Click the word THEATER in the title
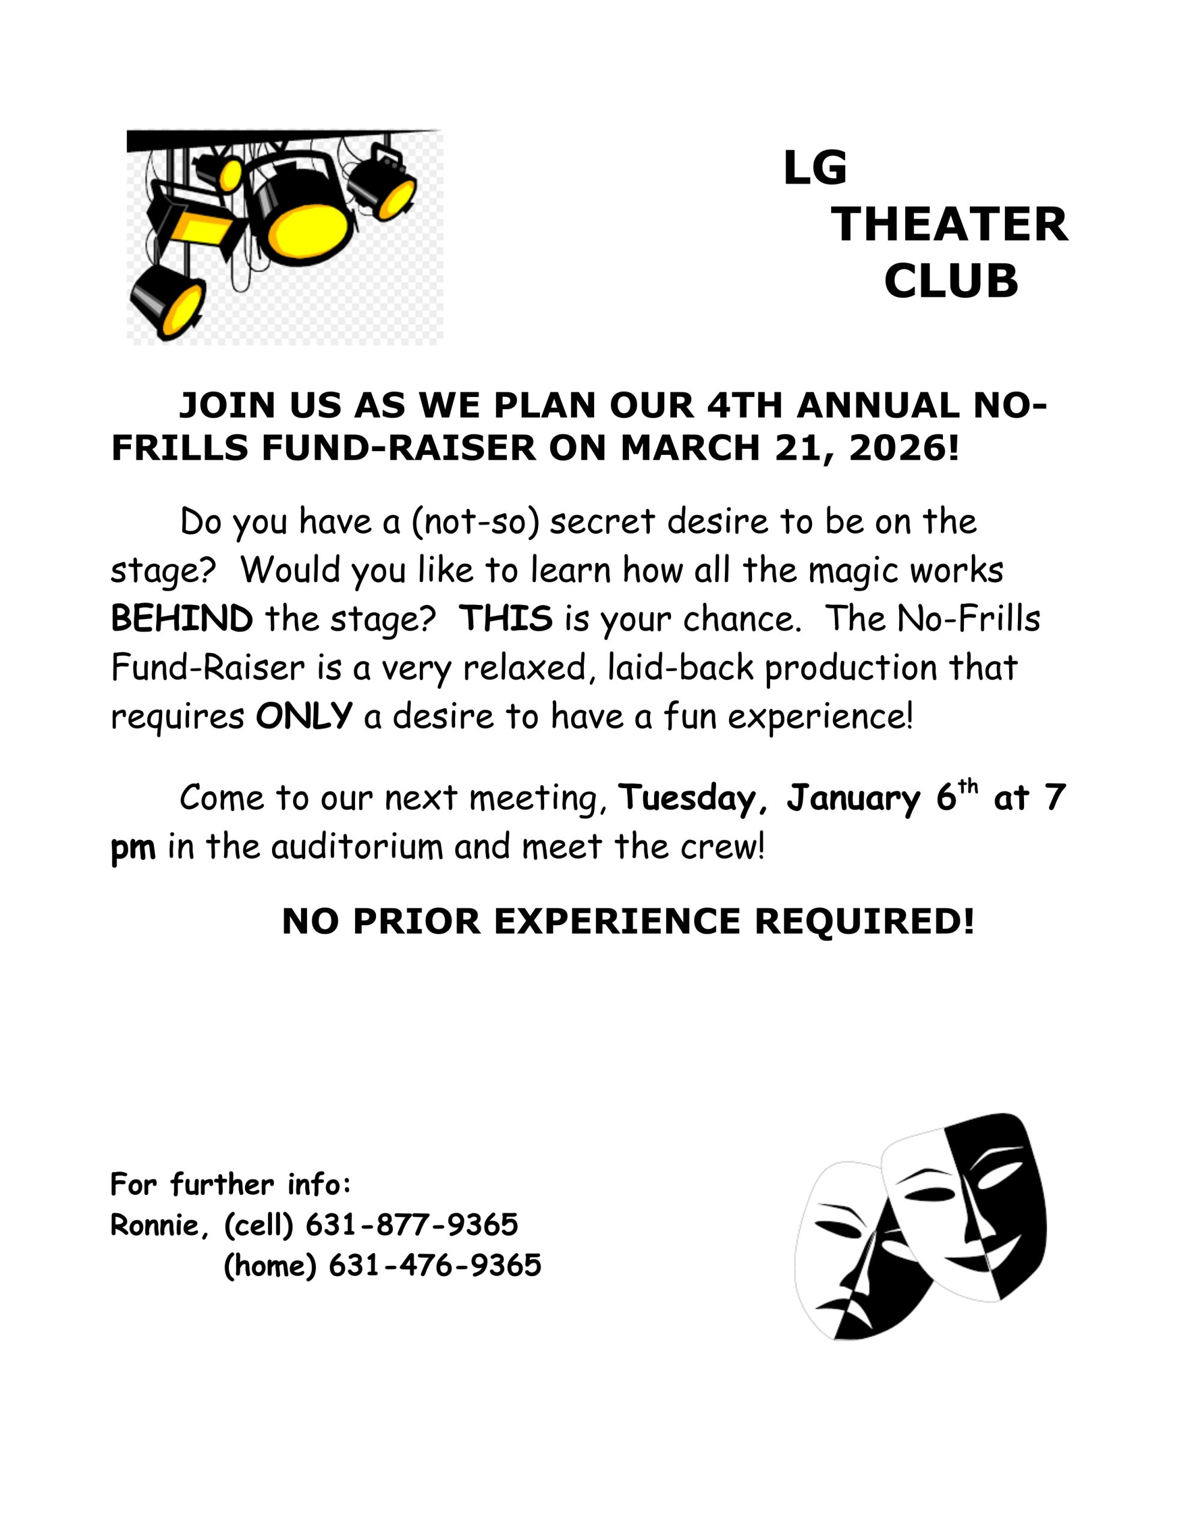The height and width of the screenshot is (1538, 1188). pyautogui.click(x=950, y=225)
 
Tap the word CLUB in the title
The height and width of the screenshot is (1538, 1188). pyautogui.click(x=951, y=281)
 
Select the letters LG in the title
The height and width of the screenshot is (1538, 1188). pyautogui.click(x=815, y=168)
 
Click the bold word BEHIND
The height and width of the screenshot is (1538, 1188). pyautogui.click(x=182, y=619)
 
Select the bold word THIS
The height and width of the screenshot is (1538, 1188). pyautogui.click(x=506, y=619)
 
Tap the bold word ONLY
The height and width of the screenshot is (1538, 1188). pyautogui.click(x=303, y=716)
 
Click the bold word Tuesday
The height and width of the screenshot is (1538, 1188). pyautogui.click(x=686, y=798)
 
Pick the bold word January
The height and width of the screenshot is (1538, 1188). pyautogui.click(x=853, y=798)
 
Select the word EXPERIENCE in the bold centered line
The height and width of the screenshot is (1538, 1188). pyautogui.click(x=617, y=921)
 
